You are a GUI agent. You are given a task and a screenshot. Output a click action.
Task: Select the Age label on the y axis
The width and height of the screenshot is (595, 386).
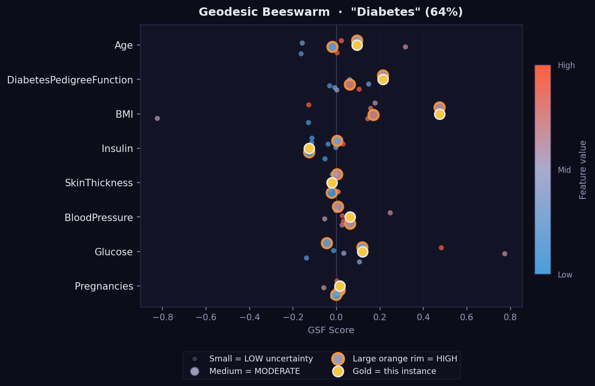click(x=123, y=45)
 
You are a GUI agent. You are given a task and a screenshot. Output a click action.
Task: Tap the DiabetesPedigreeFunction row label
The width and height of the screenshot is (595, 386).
click(x=70, y=80)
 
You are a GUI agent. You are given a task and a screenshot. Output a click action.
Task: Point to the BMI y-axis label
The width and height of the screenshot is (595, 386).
click(x=124, y=114)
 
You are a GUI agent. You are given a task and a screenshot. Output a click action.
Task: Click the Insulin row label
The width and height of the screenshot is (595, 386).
click(x=117, y=149)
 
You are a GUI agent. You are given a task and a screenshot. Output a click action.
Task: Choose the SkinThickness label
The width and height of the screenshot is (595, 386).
click(x=99, y=183)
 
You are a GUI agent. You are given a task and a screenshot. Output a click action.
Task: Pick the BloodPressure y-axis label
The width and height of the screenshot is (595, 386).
click(x=99, y=217)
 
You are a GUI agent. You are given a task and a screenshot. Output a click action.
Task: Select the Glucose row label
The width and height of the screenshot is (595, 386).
click(x=114, y=252)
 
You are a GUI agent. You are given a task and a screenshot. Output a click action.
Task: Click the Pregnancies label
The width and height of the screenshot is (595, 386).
click(x=104, y=286)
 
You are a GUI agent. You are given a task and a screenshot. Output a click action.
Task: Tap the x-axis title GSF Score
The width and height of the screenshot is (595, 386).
click(x=331, y=330)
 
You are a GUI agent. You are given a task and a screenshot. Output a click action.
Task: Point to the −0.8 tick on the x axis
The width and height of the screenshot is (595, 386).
click(x=162, y=317)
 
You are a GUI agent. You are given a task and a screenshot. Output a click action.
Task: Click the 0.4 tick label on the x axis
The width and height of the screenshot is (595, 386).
click(x=423, y=317)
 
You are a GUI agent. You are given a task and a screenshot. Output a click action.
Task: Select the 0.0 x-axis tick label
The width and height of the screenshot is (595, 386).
click(x=336, y=317)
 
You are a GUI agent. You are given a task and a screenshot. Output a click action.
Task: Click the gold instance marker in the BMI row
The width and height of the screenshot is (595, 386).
click(x=440, y=114)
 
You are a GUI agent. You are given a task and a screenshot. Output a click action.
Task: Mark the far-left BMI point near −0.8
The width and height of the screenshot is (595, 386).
click(x=157, y=118)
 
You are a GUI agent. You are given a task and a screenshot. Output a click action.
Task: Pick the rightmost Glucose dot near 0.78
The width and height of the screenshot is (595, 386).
click(x=504, y=253)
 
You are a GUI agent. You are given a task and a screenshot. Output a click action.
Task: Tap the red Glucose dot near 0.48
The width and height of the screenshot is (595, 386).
click(x=441, y=247)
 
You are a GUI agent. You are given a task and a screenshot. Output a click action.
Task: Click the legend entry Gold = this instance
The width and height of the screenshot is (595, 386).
click(x=394, y=371)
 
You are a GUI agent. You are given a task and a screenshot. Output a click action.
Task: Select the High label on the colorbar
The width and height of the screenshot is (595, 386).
click(x=566, y=66)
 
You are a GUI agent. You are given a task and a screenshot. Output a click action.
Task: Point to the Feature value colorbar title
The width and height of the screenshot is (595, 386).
click(x=583, y=170)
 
